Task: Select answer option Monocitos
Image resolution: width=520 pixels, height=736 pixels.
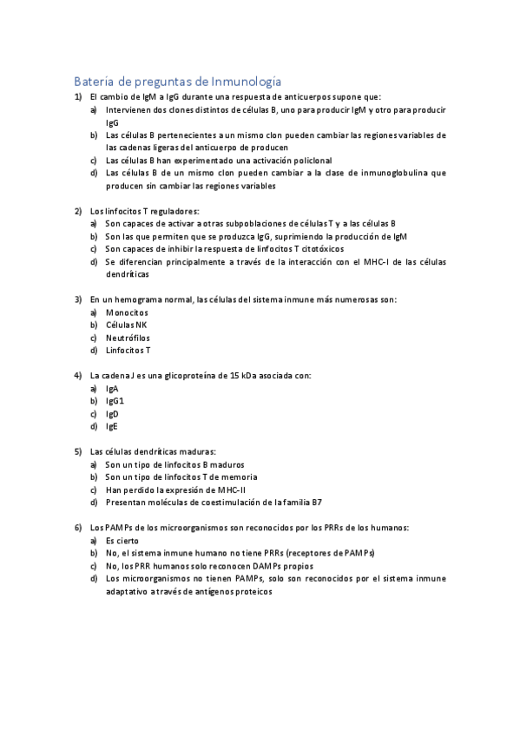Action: tap(127, 312)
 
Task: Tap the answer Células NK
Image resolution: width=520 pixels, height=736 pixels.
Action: tap(127, 325)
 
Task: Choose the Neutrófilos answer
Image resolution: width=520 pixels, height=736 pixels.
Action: tap(128, 338)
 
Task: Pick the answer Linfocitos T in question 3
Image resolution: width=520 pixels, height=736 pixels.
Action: tap(128, 351)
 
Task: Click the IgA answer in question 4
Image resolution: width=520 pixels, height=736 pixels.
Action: tap(112, 389)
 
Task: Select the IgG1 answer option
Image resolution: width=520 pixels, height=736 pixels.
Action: tap(115, 401)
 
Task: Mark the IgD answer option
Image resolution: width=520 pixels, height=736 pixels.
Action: tap(112, 414)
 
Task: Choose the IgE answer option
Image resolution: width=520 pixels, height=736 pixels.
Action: tap(112, 427)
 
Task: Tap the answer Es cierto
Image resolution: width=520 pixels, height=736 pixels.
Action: tap(122, 540)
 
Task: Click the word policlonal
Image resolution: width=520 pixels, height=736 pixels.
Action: tap(282, 161)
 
